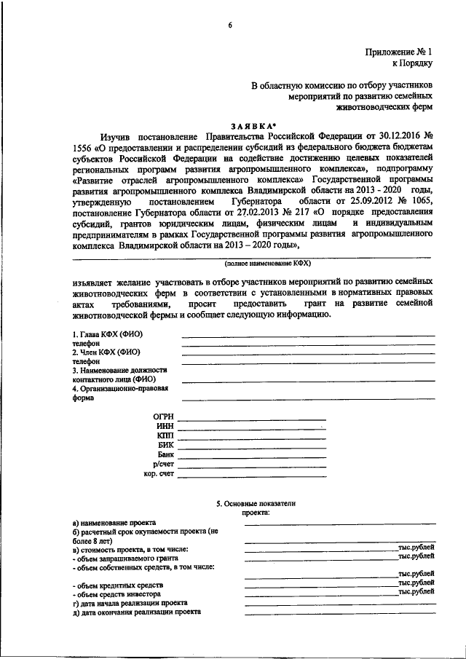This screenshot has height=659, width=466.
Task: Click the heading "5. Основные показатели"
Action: pyautogui.click(x=256, y=503)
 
